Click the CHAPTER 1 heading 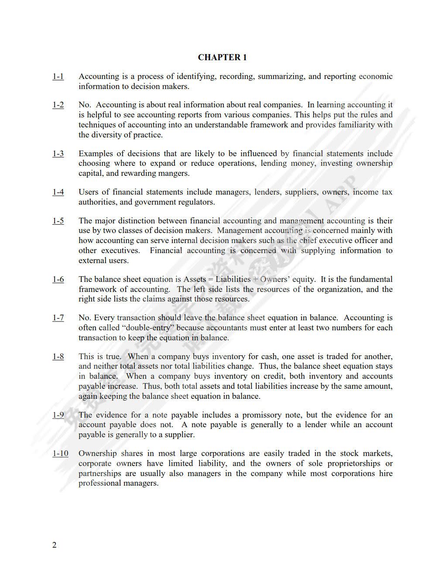click(x=222, y=57)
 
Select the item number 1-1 click(x=58, y=76)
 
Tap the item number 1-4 click(x=58, y=192)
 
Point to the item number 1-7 click(x=58, y=318)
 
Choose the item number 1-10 click(x=60, y=453)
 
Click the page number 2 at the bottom click(x=54, y=545)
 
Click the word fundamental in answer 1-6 click(x=370, y=279)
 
